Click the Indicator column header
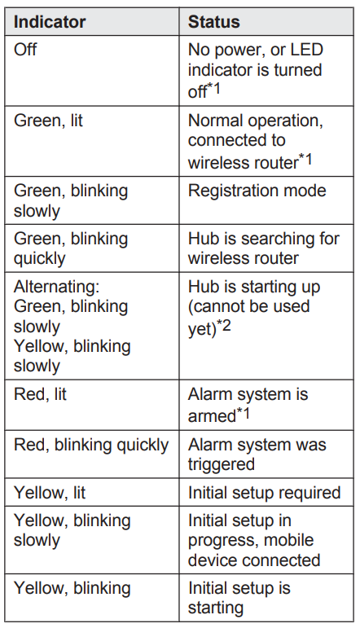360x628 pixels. tap(50, 22)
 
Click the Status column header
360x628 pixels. tap(214, 22)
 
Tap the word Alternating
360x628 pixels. tap(56, 288)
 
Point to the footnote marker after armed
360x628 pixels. tap(243, 412)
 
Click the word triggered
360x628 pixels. tap(221, 464)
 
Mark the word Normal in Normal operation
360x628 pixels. tap(215, 121)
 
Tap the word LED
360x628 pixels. tap(307, 50)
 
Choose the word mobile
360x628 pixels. tap(290, 540)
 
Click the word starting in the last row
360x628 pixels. tap(216, 608)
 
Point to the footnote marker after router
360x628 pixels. tap(305, 160)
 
